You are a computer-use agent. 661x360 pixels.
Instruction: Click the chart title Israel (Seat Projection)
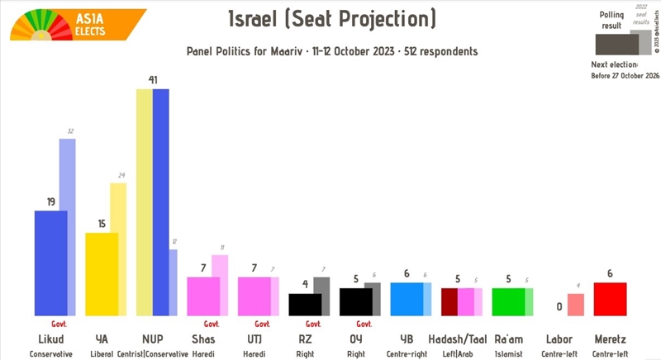331,19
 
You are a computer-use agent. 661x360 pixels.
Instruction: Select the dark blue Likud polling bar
50,263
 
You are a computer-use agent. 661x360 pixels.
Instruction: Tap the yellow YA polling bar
102,273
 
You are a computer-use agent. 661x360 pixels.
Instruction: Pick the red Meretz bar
610,298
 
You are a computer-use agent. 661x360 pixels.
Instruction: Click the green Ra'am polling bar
508,301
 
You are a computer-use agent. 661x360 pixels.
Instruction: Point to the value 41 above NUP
153,80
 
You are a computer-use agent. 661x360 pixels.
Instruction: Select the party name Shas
203,339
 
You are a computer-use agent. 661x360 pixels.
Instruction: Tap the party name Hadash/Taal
457,339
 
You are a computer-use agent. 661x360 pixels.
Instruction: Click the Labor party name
559,339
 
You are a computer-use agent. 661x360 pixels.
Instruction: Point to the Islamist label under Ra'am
508,353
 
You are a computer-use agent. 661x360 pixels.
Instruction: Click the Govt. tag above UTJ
263,324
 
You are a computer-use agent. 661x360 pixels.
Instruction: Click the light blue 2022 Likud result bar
68,227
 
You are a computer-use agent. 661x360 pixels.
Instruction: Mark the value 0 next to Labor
559,307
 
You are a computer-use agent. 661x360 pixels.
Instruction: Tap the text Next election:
615,64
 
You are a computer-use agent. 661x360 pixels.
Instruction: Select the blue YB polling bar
406,299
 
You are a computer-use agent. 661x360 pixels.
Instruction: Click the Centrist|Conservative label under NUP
153,353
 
